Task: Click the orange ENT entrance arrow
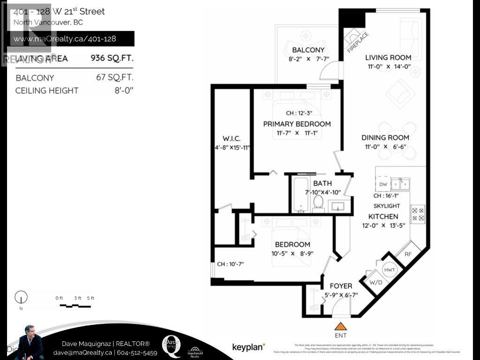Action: [x=341, y=326]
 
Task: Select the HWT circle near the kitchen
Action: [x=389, y=270]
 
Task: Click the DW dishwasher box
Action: [x=382, y=184]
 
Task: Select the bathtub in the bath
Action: [x=300, y=194]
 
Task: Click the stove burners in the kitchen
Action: [x=418, y=214]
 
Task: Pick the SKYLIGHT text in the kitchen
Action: [x=387, y=206]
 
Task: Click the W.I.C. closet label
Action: [x=232, y=139]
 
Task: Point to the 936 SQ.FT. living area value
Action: [x=112, y=59]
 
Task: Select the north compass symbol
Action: [x=21, y=297]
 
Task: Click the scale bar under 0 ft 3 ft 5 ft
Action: [x=75, y=306]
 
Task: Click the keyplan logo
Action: [x=248, y=347]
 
